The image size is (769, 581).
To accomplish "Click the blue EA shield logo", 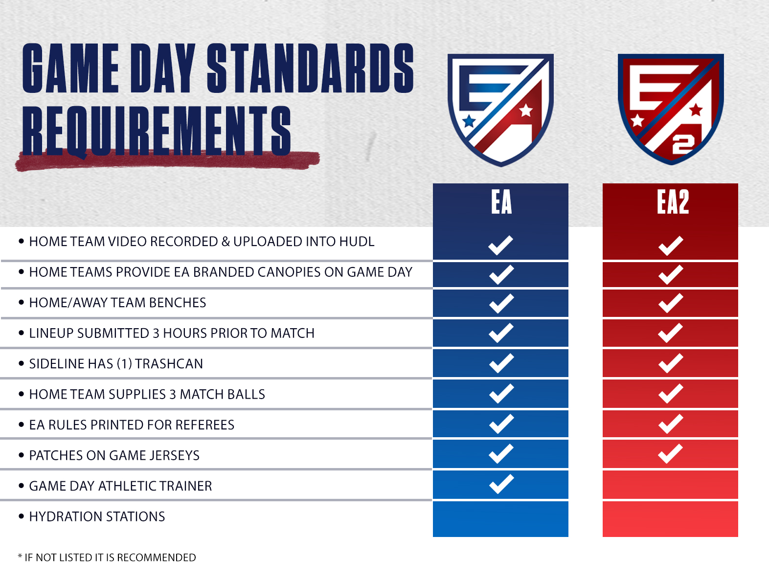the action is tap(500, 110).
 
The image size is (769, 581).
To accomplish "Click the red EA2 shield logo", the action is tap(671, 109).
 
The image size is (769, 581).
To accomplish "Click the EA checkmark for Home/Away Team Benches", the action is tap(501, 303).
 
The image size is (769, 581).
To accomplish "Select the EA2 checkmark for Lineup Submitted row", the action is tap(670, 333).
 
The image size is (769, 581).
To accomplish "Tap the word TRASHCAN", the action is tap(169, 364).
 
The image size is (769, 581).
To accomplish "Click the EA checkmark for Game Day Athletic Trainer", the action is tap(501, 484).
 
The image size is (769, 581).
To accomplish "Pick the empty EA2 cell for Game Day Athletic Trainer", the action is tap(670, 485).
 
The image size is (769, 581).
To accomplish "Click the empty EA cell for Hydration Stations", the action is tap(500, 519).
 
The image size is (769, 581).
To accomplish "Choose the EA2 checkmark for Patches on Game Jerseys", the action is tap(670, 454).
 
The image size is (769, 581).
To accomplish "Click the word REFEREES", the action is tap(204, 425).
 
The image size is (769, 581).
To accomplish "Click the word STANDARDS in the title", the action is tap(311, 68).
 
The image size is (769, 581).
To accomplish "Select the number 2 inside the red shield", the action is tap(683, 145).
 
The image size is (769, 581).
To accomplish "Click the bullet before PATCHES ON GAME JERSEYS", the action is tap(22, 455).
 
